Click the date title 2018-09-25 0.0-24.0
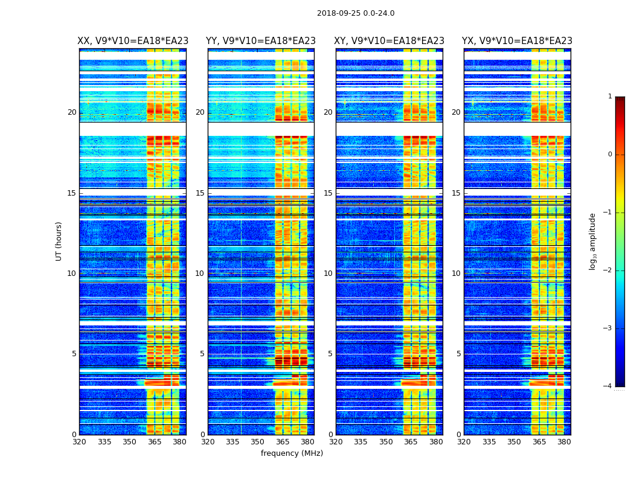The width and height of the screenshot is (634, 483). click(x=356, y=13)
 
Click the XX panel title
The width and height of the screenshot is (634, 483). click(x=133, y=41)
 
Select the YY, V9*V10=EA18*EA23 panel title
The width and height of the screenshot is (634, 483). click(x=261, y=41)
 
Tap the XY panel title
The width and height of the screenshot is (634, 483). click(x=389, y=41)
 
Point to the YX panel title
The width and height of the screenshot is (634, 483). click(x=517, y=41)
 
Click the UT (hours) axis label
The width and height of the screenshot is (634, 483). click(x=59, y=241)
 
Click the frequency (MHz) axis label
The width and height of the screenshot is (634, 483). click(x=292, y=453)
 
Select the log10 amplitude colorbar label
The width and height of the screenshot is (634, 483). click(x=593, y=241)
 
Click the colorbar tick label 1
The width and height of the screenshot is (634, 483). click(x=610, y=97)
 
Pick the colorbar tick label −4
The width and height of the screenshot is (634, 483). click(x=608, y=386)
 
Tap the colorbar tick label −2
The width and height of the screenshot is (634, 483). click(x=608, y=270)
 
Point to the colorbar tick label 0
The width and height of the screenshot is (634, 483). click(x=610, y=155)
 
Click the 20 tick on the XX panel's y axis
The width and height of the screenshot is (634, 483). click(x=72, y=112)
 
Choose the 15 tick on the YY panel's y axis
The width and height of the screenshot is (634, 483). click(x=200, y=193)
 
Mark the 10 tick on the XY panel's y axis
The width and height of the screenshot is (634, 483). click(x=328, y=273)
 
